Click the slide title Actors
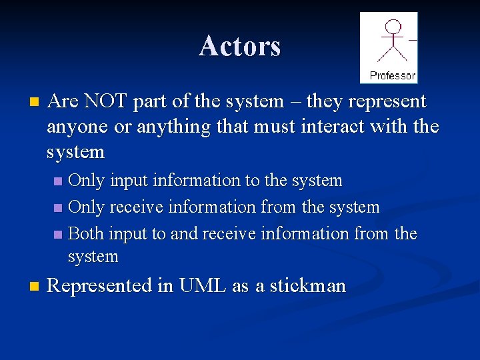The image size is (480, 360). click(x=240, y=46)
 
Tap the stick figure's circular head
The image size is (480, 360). click(x=394, y=27)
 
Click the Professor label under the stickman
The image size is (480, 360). click(x=393, y=75)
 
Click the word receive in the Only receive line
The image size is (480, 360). click(x=138, y=207)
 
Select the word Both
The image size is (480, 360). click(x=87, y=234)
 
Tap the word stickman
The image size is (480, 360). click(x=308, y=286)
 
